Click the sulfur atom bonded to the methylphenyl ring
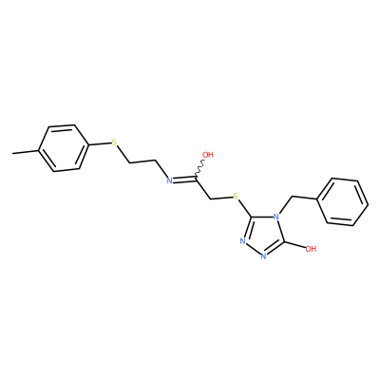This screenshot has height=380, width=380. [114, 142]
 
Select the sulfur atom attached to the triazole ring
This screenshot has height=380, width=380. [236, 197]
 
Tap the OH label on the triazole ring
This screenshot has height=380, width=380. [311, 249]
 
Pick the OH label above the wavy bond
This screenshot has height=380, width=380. [208, 155]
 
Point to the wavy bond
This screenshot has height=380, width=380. [199, 169]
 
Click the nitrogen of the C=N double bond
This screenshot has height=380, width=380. [169, 180]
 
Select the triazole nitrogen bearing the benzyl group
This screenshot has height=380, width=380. [276, 217]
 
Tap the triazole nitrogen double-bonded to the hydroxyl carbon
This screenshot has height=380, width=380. [263, 256]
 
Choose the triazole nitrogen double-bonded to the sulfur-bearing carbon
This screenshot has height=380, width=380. [243, 241]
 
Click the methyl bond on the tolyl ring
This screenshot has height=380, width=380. [26, 152]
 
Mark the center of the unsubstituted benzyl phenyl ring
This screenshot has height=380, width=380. [343, 202]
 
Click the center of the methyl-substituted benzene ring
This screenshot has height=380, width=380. [63, 148]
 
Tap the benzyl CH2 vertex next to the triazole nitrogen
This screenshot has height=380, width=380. [291, 197]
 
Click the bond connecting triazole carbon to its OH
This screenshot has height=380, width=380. [295, 245]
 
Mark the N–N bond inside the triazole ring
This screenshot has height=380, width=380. [253, 249]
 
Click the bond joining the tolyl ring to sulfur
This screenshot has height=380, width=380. [99, 144]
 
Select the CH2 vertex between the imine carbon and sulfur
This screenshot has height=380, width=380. [211, 199]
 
